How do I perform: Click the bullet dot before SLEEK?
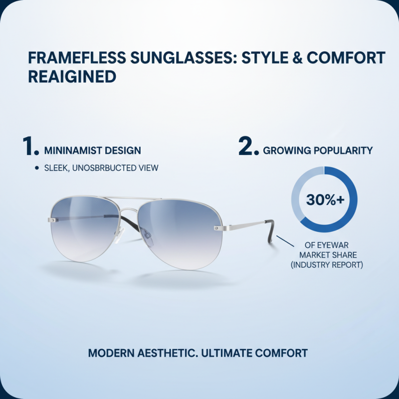point(37,168)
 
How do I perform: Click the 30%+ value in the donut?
point(325,199)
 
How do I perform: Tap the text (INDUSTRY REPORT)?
point(327,265)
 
